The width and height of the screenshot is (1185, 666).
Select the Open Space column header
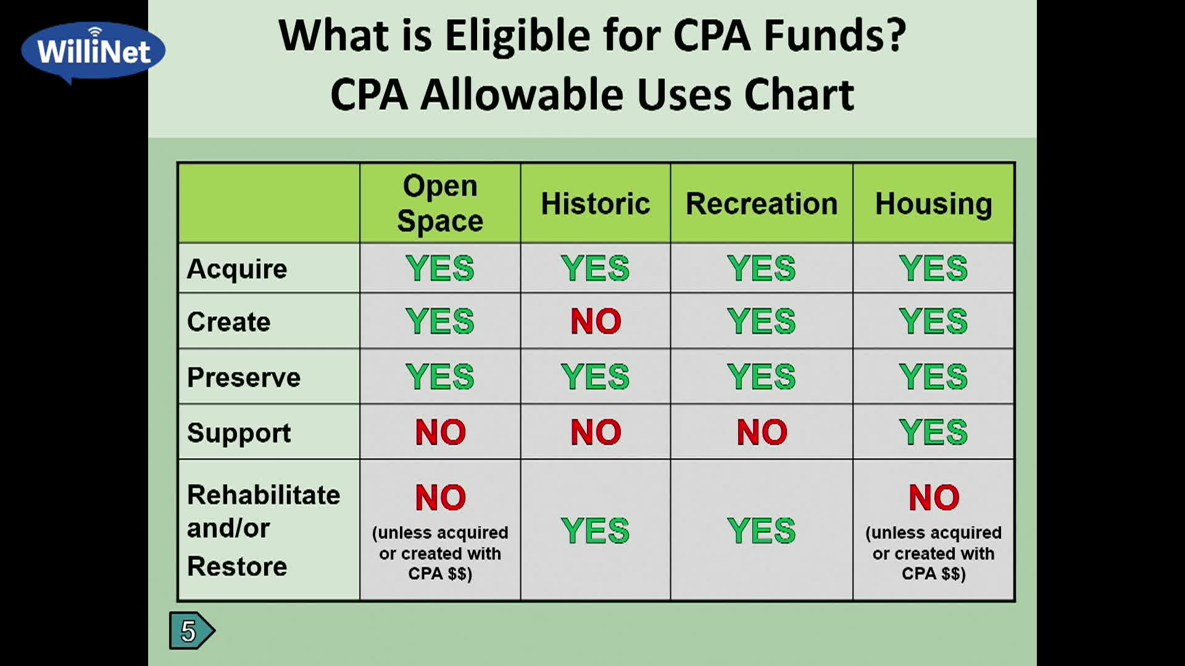pyautogui.click(x=440, y=203)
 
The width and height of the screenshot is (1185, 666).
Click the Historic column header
pyautogui.click(x=596, y=203)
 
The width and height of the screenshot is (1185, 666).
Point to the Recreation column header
pyautogui.click(x=762, y=203)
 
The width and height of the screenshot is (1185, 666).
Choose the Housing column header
pyautogui.click(x=933, y=203)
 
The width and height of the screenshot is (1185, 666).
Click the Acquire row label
pyautogui.click(x=237, y=269)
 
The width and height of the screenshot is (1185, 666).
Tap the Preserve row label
pyautogui.click(x=244, y=377)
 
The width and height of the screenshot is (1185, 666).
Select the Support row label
pyautogui.click(x=239, y=432)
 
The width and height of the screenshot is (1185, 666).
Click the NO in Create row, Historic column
pyautogui.click(x=596, y=321)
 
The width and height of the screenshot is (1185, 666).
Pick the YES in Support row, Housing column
pyautogui.click(x=933, y=432)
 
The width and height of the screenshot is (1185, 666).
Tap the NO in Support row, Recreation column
pyautogui.click(x=762, y=432)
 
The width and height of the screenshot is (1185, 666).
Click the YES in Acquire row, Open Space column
pyautogui.click(x=440, y=268)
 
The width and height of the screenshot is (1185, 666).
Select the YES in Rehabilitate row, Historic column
pyautogui.click(x=596, y=530)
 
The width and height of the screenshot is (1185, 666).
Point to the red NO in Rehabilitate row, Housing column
pyautogui.click(x=933, y=497)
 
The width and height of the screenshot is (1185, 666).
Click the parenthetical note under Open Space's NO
pyautogui.click(x=440, y=553)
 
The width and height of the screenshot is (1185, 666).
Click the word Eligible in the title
pyautogui.click(x=518, y=35)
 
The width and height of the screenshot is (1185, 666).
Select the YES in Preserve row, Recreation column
pyautogui.click(x=762, y=376)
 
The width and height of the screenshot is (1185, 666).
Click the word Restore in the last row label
pyautogui.click(x=237, y=566)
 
